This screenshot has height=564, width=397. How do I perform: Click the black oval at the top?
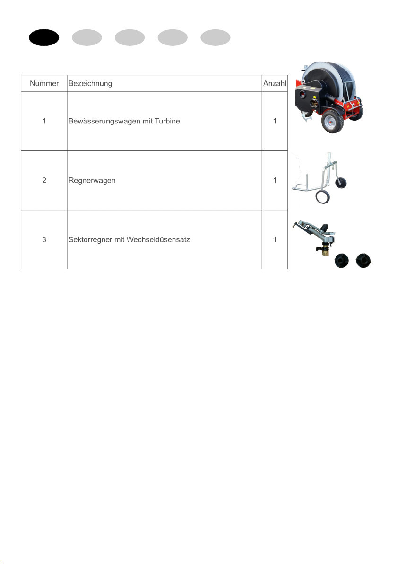(44, 37)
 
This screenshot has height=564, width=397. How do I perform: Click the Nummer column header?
(44, 83)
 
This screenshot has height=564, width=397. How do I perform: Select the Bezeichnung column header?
(90, 84)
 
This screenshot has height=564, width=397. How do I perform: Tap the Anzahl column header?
(275, 83)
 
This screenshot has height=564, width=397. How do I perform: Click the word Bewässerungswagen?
(104, 122)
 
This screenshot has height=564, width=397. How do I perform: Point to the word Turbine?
(167, 121)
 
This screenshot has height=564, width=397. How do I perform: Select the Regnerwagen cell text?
(92, 181)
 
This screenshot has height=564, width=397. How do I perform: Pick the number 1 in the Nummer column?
(44, 121)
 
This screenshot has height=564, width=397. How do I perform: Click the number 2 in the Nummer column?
(44, 181)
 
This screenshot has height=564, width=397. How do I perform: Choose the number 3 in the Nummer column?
(44, 239)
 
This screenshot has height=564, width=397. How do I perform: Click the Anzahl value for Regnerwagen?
(275, 181)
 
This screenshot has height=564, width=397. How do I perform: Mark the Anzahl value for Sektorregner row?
(275, 239)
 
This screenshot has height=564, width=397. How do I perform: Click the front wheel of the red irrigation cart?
(332, 121)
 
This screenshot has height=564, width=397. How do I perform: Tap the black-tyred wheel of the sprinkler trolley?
(341, 182)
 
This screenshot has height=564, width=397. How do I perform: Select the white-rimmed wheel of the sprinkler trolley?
(323, 197)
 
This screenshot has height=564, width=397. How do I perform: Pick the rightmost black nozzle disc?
(363, 260)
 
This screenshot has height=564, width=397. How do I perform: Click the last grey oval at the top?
(215, 37)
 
